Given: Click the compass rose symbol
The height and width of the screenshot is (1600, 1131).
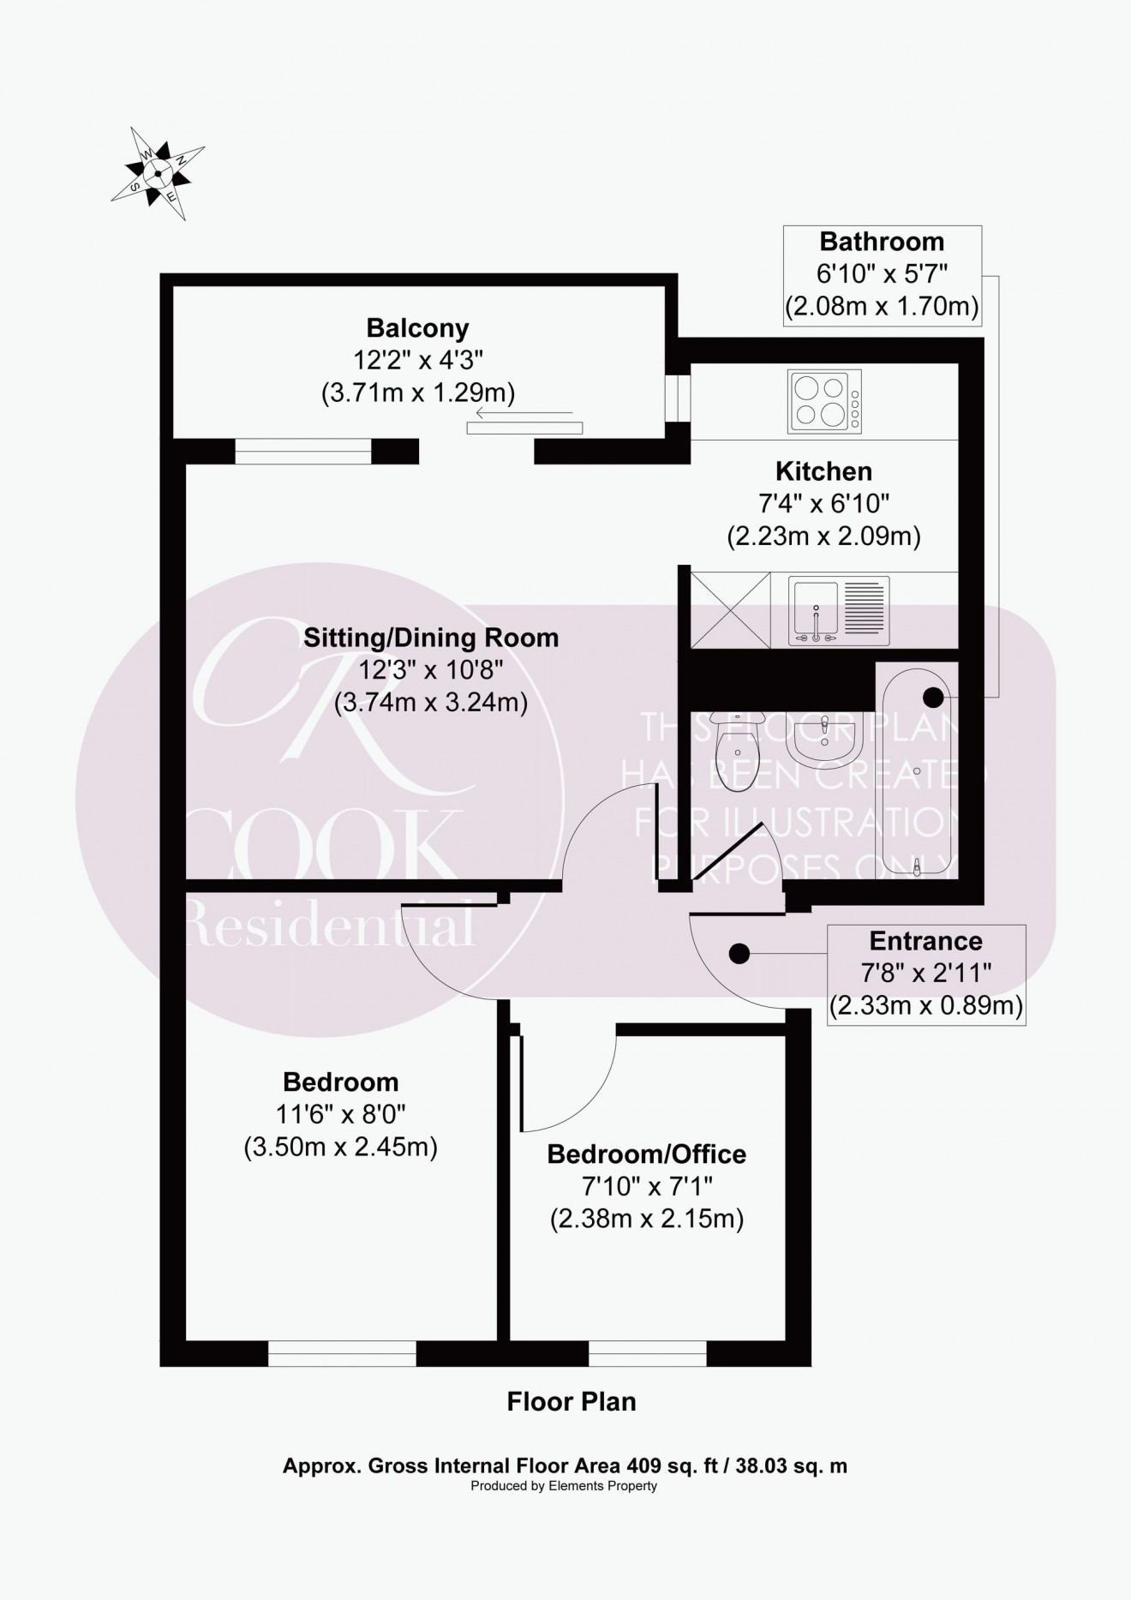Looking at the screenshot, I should point(158,173).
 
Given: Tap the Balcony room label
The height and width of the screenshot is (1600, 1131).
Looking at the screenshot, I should point(417,328).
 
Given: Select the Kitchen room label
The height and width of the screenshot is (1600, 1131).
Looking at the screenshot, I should point(823,471).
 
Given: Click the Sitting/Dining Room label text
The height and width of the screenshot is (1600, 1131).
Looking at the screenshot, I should point(431,638).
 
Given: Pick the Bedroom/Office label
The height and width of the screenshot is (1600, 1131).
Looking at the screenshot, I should point(646,1154).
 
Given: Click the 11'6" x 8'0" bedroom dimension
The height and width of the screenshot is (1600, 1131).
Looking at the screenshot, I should point(340,1114).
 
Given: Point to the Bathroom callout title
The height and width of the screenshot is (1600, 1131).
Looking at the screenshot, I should point(882,242).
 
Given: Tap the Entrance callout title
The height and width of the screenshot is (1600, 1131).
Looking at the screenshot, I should point(925,941).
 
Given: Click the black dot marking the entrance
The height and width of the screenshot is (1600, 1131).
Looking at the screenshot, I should point(739,953).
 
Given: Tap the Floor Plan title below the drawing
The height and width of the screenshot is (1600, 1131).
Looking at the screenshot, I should point(571,1402).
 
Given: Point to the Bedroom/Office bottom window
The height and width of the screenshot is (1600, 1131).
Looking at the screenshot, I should point(648,1353).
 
